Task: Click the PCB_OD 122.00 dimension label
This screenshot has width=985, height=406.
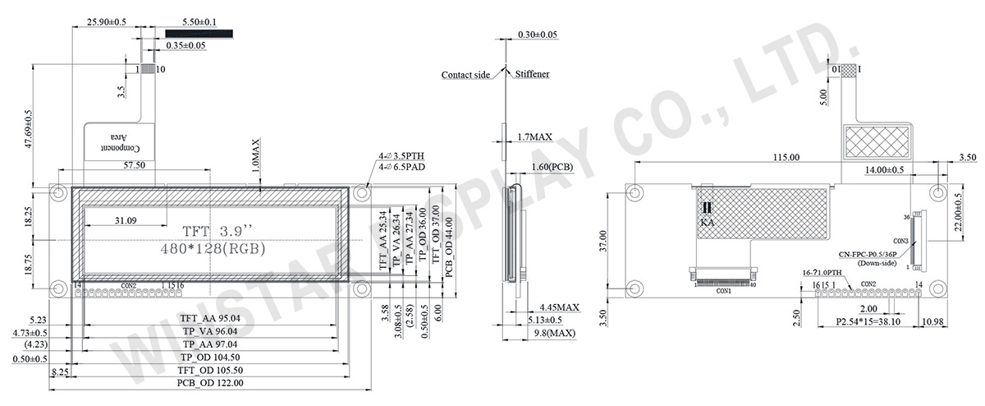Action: point(210,383)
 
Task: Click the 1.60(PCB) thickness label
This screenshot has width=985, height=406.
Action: point(552,166)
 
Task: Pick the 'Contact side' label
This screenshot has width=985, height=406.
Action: point(465,75)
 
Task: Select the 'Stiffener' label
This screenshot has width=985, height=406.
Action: point(533,75)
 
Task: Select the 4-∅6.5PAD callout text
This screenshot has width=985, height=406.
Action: point(401,166)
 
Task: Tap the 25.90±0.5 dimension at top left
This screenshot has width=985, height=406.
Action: point(106,22)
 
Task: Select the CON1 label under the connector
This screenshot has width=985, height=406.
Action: point(723,291)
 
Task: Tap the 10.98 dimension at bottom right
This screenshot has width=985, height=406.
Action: point(935,323)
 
